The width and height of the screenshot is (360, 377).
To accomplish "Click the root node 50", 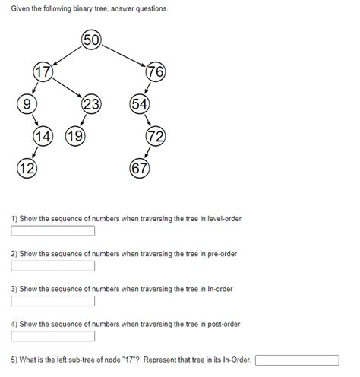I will coord(91,40).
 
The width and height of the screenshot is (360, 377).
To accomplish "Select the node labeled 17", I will coord(43,73).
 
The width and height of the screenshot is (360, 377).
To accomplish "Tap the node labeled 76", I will coord(156,73).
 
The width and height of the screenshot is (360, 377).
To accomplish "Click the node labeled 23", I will coord(91,105).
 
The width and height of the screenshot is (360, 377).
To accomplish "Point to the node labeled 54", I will coord(140,105).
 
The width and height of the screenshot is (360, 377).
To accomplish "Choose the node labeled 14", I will coord(43,137).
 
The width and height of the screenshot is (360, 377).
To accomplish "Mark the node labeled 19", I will coord(74,137).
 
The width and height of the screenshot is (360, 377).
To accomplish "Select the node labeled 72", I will coord(156,137).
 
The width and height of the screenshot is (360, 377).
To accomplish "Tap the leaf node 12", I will coord(26,168).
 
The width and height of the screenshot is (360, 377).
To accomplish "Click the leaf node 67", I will coord(140,168).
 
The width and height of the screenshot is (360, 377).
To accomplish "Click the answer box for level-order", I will coord(52,230).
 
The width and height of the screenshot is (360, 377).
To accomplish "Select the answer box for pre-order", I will coord(52,265).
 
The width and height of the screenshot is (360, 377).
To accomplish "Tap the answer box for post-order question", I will coord(52,336).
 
